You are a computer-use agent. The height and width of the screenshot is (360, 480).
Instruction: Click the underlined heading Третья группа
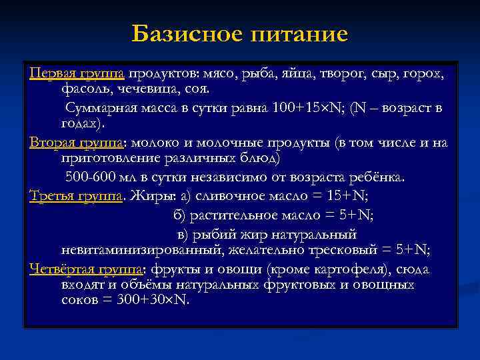pos(75,195)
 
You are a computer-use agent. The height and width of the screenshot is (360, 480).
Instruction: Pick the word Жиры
pos(151,195)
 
